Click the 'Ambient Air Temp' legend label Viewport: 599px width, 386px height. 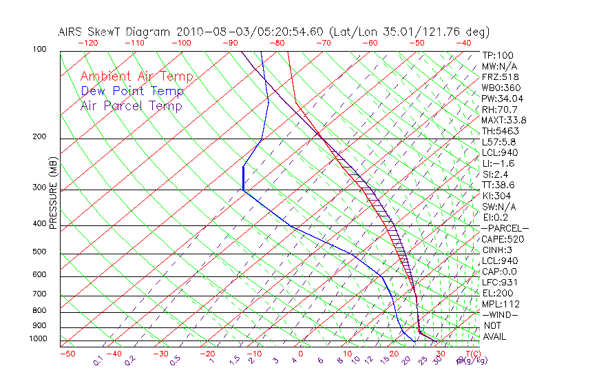(x=136, y=77)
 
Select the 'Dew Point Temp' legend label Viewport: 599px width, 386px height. (x=132, y=91)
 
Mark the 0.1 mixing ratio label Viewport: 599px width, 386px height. (x=98, y=360)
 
